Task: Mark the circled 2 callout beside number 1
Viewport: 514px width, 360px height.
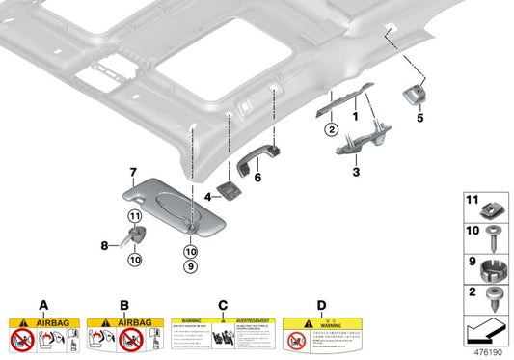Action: point(330,128)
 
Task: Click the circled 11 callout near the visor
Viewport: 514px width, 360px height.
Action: point(134,216)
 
